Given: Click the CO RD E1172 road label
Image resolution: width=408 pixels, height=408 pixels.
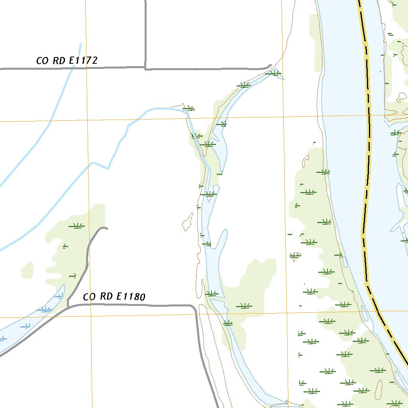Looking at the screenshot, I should (67, 61).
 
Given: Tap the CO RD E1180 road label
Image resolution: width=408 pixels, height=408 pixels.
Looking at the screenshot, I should (114, 296).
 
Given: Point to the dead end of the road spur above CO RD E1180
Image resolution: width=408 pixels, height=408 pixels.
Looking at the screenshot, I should (106, 228).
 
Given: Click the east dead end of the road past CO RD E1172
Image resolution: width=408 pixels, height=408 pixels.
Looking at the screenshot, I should (271, 65).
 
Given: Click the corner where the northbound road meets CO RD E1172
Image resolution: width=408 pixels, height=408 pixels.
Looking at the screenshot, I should (145, 68).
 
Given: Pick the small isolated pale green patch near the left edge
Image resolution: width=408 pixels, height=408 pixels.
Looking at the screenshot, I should (27, 270).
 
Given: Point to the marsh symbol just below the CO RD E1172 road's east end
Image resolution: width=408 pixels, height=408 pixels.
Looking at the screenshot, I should (275, 73).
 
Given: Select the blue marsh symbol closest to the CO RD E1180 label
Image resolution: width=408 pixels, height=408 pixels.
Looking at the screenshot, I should (59, 296).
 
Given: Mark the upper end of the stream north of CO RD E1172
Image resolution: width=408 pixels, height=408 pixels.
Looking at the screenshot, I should (80, 44).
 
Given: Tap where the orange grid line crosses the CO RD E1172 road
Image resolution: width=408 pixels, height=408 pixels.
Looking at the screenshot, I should (86, 68).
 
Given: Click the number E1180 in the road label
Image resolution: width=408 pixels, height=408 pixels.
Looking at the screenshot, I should (130, 296).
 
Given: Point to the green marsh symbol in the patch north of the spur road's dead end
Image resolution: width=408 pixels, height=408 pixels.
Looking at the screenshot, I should (76, 226).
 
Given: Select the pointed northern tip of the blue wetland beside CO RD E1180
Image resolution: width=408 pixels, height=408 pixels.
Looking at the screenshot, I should (64, 285).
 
